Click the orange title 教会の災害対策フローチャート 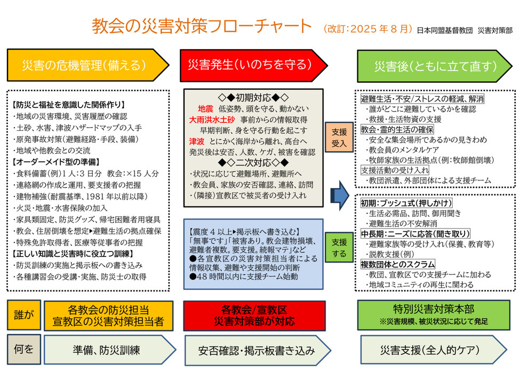[x=202, y=26]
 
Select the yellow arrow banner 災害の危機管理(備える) [x=88, y=65]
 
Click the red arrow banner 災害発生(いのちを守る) [x=253, y=65]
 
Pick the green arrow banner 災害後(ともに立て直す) [x=434, y=66]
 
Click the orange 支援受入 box [x=339, y=137]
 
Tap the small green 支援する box [x=339, y=247]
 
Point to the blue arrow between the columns [x=340, y=195]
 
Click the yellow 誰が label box [x=24, y=315]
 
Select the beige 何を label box [x=24, y=350]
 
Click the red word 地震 [x=205, y=108]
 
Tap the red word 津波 [x=197, y=141]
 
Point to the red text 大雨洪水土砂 [x=212, y=120]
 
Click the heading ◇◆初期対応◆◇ [x=253, y=98]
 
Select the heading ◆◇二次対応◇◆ [x=253, y=163]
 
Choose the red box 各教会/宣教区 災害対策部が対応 [x=254, y=315]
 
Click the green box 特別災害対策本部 [x=434, y=315]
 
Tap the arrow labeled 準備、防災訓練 [x=110, y=350]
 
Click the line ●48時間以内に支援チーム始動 [x=243, y=277]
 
